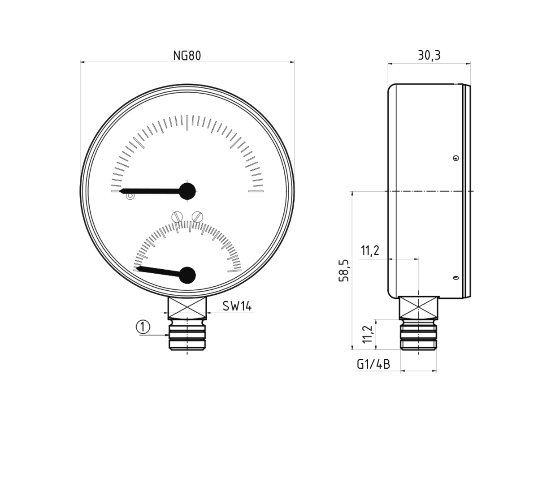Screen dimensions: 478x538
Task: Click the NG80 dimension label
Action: (187, 56)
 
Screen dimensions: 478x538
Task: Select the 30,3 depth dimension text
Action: (429, 55)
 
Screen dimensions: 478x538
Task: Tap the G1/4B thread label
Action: (373, 364)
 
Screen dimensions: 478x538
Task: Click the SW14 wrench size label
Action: (237, 306)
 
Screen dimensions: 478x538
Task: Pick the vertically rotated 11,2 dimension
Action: (368, 334)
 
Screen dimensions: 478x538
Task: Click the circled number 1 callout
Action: (143, 327)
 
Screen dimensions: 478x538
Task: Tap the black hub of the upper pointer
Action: (187, 191)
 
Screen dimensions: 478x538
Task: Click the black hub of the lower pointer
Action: (187, 275)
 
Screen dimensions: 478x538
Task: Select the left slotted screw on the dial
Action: (178, 217)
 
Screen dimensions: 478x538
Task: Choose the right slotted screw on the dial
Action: (197, 217)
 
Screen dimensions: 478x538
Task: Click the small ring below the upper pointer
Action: (130, 196)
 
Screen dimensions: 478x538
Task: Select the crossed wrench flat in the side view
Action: (418, 307)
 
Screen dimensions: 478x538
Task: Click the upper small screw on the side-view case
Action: (456, 158)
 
